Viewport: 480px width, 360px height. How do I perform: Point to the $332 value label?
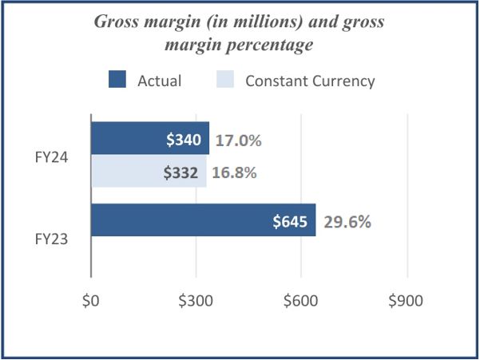[x=183, y=172]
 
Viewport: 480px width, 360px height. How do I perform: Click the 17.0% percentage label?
[x=238, y=140]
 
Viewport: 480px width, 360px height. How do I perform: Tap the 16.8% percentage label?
[x=233, y=172]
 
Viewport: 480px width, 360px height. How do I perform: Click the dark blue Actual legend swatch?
[x=117, y=80]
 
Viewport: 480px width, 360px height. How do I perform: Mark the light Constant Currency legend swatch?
[x=226, y=80]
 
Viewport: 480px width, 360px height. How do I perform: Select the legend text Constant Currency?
[x=310, y=81]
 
